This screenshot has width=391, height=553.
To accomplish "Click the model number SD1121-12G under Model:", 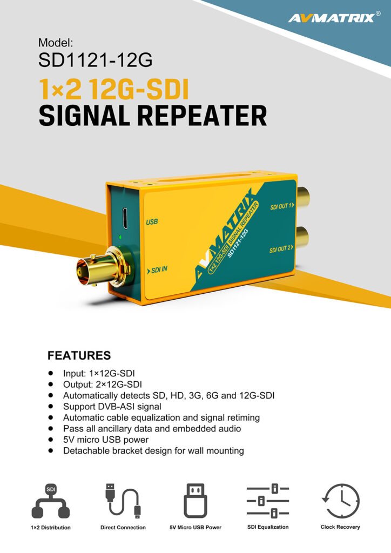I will point(95,60).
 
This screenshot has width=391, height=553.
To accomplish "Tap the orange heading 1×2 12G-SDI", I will point(113,89).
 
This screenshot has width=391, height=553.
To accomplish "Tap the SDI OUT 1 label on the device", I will point(281,206).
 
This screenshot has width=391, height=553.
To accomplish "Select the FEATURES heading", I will point(79,355).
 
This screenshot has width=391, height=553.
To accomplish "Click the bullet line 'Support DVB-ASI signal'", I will point(112,406).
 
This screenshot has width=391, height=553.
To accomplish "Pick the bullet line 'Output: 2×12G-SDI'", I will point(102,384).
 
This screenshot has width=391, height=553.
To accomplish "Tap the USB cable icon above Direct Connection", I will point(122,500).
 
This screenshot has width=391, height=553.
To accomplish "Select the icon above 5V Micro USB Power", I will point(195,501).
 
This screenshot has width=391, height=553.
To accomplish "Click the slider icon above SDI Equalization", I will point(268,501).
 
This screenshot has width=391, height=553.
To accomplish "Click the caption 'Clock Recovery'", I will point(340,527).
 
